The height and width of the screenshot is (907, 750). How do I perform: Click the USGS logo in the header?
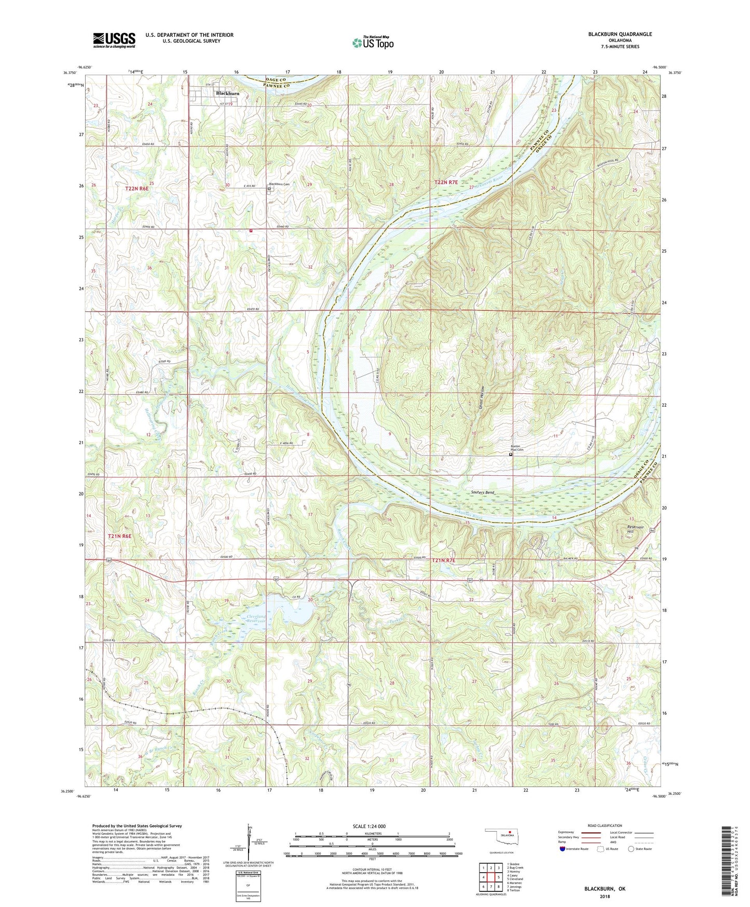[x=114, y=40]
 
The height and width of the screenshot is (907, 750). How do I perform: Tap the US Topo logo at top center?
[x=373, y=43]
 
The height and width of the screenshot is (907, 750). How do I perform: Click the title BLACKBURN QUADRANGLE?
[x=620, y=34]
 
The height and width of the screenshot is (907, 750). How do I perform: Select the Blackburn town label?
[x=227, y=94]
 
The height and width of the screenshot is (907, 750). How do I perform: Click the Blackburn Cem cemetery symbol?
[x=269, y=190]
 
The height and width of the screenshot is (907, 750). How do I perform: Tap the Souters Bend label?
[x=482, y=492]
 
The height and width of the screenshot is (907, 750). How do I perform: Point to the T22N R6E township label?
[x=137, y=189]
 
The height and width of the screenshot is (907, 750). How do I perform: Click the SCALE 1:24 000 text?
[x=368, y=826]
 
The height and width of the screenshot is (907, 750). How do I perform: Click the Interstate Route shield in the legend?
[x=563, y=849]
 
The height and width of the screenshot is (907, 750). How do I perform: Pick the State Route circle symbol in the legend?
[x=631, y=849]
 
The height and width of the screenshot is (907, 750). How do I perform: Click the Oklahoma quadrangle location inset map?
[x=500, y=838]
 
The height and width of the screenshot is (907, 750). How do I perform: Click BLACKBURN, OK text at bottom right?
[x=605, y=889]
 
